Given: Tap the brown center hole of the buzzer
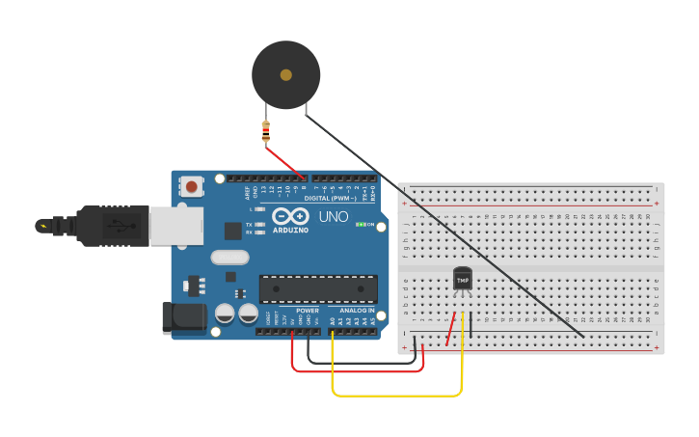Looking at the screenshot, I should click(285, 74).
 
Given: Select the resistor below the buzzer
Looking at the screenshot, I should click(266, 132).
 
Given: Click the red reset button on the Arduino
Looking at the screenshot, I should click(192, 186).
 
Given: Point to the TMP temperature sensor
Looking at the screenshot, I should click(463, 279).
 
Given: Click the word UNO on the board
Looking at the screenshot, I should click(333, 217).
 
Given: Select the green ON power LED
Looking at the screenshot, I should click(361, 225).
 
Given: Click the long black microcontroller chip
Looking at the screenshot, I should click(318, 288).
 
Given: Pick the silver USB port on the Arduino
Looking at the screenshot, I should click(176, 226).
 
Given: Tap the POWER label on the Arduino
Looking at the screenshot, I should click(307, 311).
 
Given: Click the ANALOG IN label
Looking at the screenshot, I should click(357, 311).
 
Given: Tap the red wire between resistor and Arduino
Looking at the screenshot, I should click(286, 161).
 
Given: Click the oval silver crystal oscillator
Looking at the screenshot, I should click(229, 258).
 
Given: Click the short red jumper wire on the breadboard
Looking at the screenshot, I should click(450, 329).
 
